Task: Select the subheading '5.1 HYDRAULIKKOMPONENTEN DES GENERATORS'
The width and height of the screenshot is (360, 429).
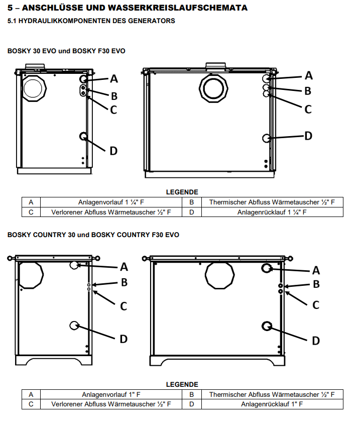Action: pyautogui.click(x=91, y=21)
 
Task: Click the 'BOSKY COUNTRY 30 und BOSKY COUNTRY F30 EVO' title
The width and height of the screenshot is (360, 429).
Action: pyautogui.click(x=93, y=235)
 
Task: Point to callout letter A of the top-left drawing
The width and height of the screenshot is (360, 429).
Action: pyautogui.click(x=114, y=78)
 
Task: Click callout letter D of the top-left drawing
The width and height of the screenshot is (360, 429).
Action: pyautogui.click(x=113, y=150)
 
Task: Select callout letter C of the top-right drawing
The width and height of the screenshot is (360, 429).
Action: pyautogui.click(x=308, y=109)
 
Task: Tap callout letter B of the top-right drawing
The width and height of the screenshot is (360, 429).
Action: pyautogui.click(x=308, y=91)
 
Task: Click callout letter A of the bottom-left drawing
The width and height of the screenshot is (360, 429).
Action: pyautogui.click(x=124, y=266)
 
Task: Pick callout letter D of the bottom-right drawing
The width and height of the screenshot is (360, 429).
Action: pyautogui.click(x=316, y=341)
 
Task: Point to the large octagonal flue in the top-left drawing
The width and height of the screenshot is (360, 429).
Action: pyautogui.click(x=34, y=89)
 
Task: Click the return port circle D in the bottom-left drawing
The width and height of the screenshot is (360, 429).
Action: pyautogui.click(x=74, y=326)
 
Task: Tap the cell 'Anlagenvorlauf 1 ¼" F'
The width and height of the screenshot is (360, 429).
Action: pyautogui.click(x=111, y=202)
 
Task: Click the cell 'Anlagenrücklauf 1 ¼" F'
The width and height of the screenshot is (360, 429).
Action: pyautogui.click(x=272, y=212)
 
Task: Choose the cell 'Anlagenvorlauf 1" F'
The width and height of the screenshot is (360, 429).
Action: pyautogui.click(x=111, y=395)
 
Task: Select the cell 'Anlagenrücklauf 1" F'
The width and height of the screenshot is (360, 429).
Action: pyautogui.click(x=272, y=404)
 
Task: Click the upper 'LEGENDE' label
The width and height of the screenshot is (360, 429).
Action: pyautogui.click(x=182, y=192)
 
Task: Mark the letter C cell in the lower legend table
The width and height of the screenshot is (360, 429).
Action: pyautogui.click(x=31, y=404)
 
